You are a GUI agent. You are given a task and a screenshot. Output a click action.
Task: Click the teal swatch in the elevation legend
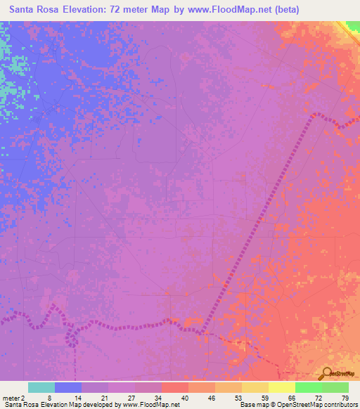coord(41,387)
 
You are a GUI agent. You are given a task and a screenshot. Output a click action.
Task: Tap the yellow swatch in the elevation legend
coord(281,387)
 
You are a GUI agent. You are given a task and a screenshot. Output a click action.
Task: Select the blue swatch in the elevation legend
coord(68,387)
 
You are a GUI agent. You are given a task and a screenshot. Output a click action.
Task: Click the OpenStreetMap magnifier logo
coord(327,373)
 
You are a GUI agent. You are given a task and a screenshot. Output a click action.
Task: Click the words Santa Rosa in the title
coord(37,10)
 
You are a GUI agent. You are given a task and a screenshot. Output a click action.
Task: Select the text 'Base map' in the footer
coord(251,405)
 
